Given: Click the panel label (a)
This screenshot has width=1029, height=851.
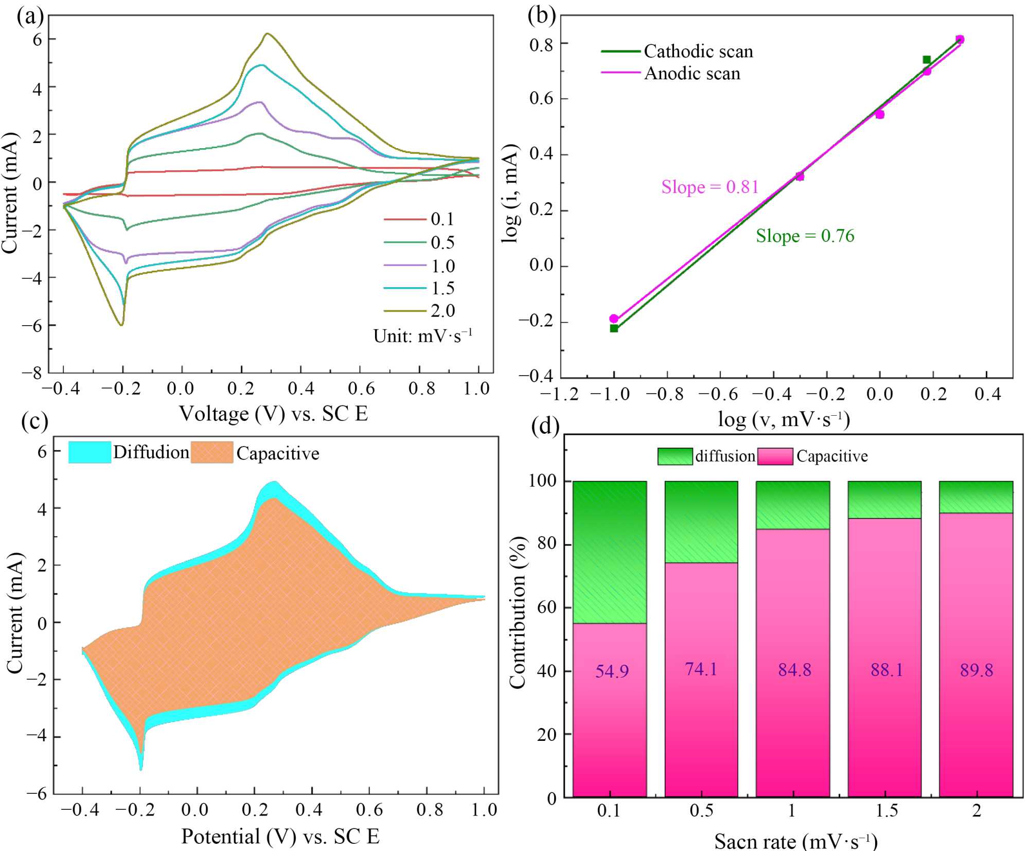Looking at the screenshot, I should pyautogui.click(x=30, y=16).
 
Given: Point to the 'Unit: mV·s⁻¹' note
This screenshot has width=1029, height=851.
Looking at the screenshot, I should pyautogui.click(x=422, y=335).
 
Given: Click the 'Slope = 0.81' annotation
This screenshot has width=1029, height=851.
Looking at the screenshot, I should pyautogui.click(x=710, y=187).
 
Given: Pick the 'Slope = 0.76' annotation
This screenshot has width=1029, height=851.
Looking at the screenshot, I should pyautogui.click(x=805, y=236).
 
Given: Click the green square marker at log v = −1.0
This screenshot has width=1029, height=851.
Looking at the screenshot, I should pyautogui.click(x=614, y=328).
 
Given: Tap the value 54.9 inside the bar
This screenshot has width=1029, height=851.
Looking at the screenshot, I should pyautogui.click(x=612, y=671).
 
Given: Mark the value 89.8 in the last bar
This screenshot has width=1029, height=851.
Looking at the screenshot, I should pyautogui.click(x=977, y=670).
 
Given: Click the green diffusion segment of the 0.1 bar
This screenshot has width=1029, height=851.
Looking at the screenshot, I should pyautogui.click(x=610, y=552).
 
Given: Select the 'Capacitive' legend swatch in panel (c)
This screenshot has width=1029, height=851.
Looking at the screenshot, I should pyautogui.click(x=212, y=452).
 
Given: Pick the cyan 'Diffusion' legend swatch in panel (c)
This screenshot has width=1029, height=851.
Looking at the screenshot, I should pyautogui.click(x=90, y=452).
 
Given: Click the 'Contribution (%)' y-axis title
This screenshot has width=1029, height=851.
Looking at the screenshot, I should pyautogui.click(x=518, y=612).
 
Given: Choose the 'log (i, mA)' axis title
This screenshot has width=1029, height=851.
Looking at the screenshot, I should pyautogui.click(x=510, y=193).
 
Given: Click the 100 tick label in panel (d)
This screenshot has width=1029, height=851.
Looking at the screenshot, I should pyautogui.click(x=543, y=481).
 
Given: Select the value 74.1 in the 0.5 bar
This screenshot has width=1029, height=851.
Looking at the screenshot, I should pyautogui.click(x=701, y=669).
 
